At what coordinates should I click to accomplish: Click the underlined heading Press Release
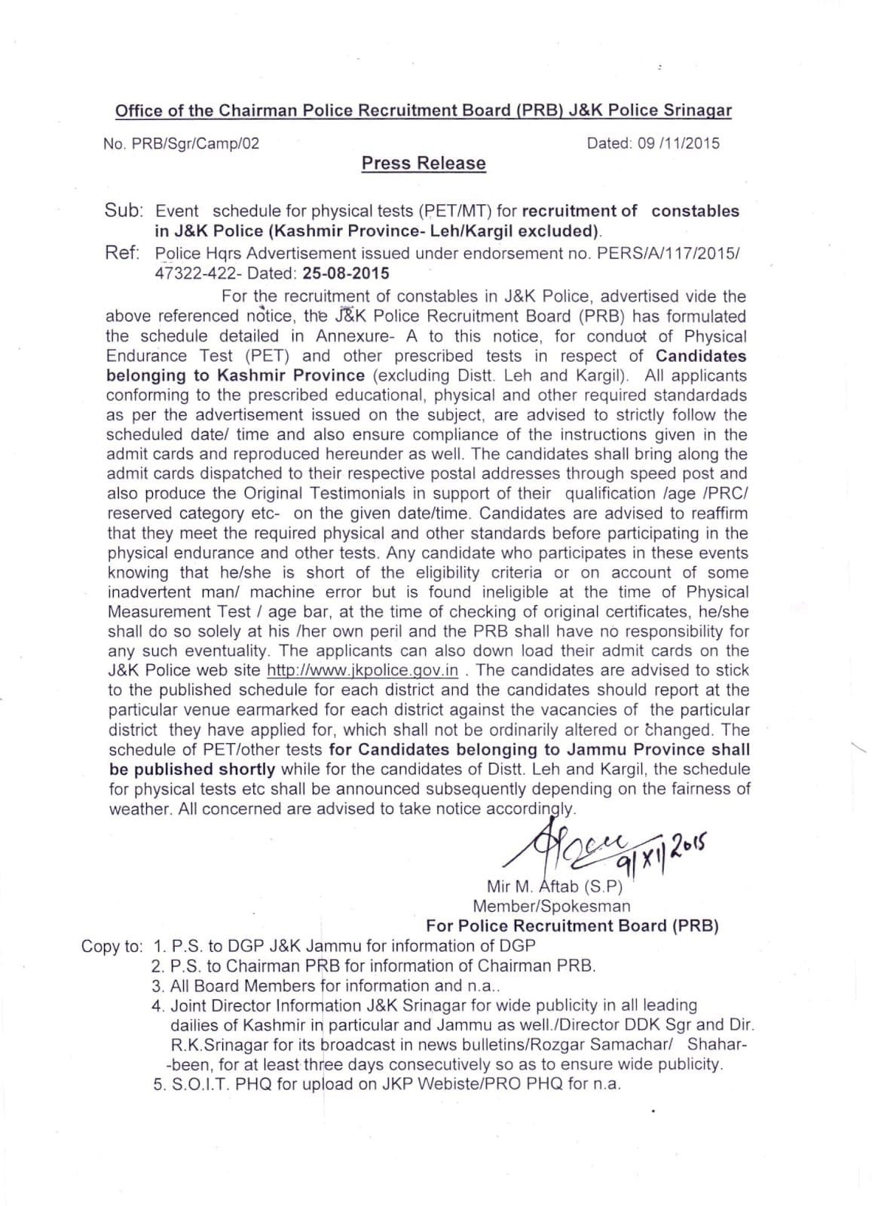[424, 164]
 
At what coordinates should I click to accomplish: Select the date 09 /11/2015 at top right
[678, 143]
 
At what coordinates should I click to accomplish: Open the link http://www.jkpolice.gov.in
[363, 671]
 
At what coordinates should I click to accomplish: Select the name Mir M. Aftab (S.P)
[554, 887]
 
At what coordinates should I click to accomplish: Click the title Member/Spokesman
[552, 907]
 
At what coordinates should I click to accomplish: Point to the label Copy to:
[112, 947]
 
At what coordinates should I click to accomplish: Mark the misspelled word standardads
[699, 396]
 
